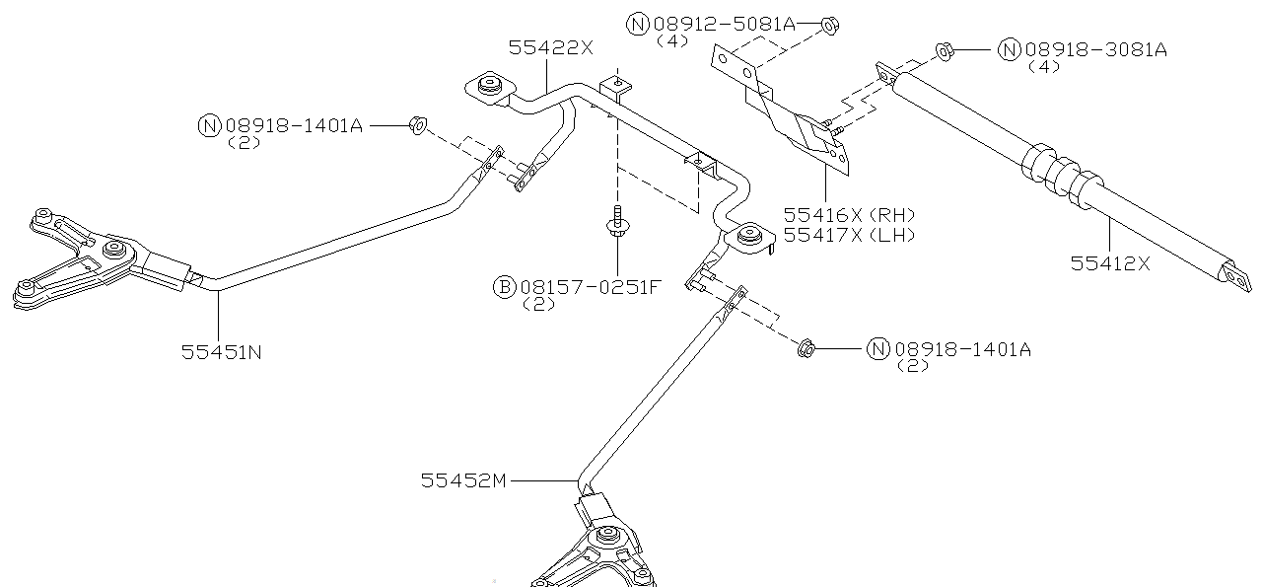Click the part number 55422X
(x=551, y=46)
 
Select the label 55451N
(x=221, y=350)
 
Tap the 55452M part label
(x=462, y=480)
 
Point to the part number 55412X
(x=1110, y=262)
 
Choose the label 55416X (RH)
(x=849, y=215)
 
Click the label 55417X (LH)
(x=849, y=235)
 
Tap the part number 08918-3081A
(x=1094, y=49)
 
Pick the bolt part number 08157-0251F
(x=590, y=287)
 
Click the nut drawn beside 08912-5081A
(x=829, y=24)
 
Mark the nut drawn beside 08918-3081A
(x=943, y=50)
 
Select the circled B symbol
(x=504, y=287)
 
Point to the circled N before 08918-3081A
(x=1010, y=49)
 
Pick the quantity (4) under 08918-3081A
(x=1043, y=67)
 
